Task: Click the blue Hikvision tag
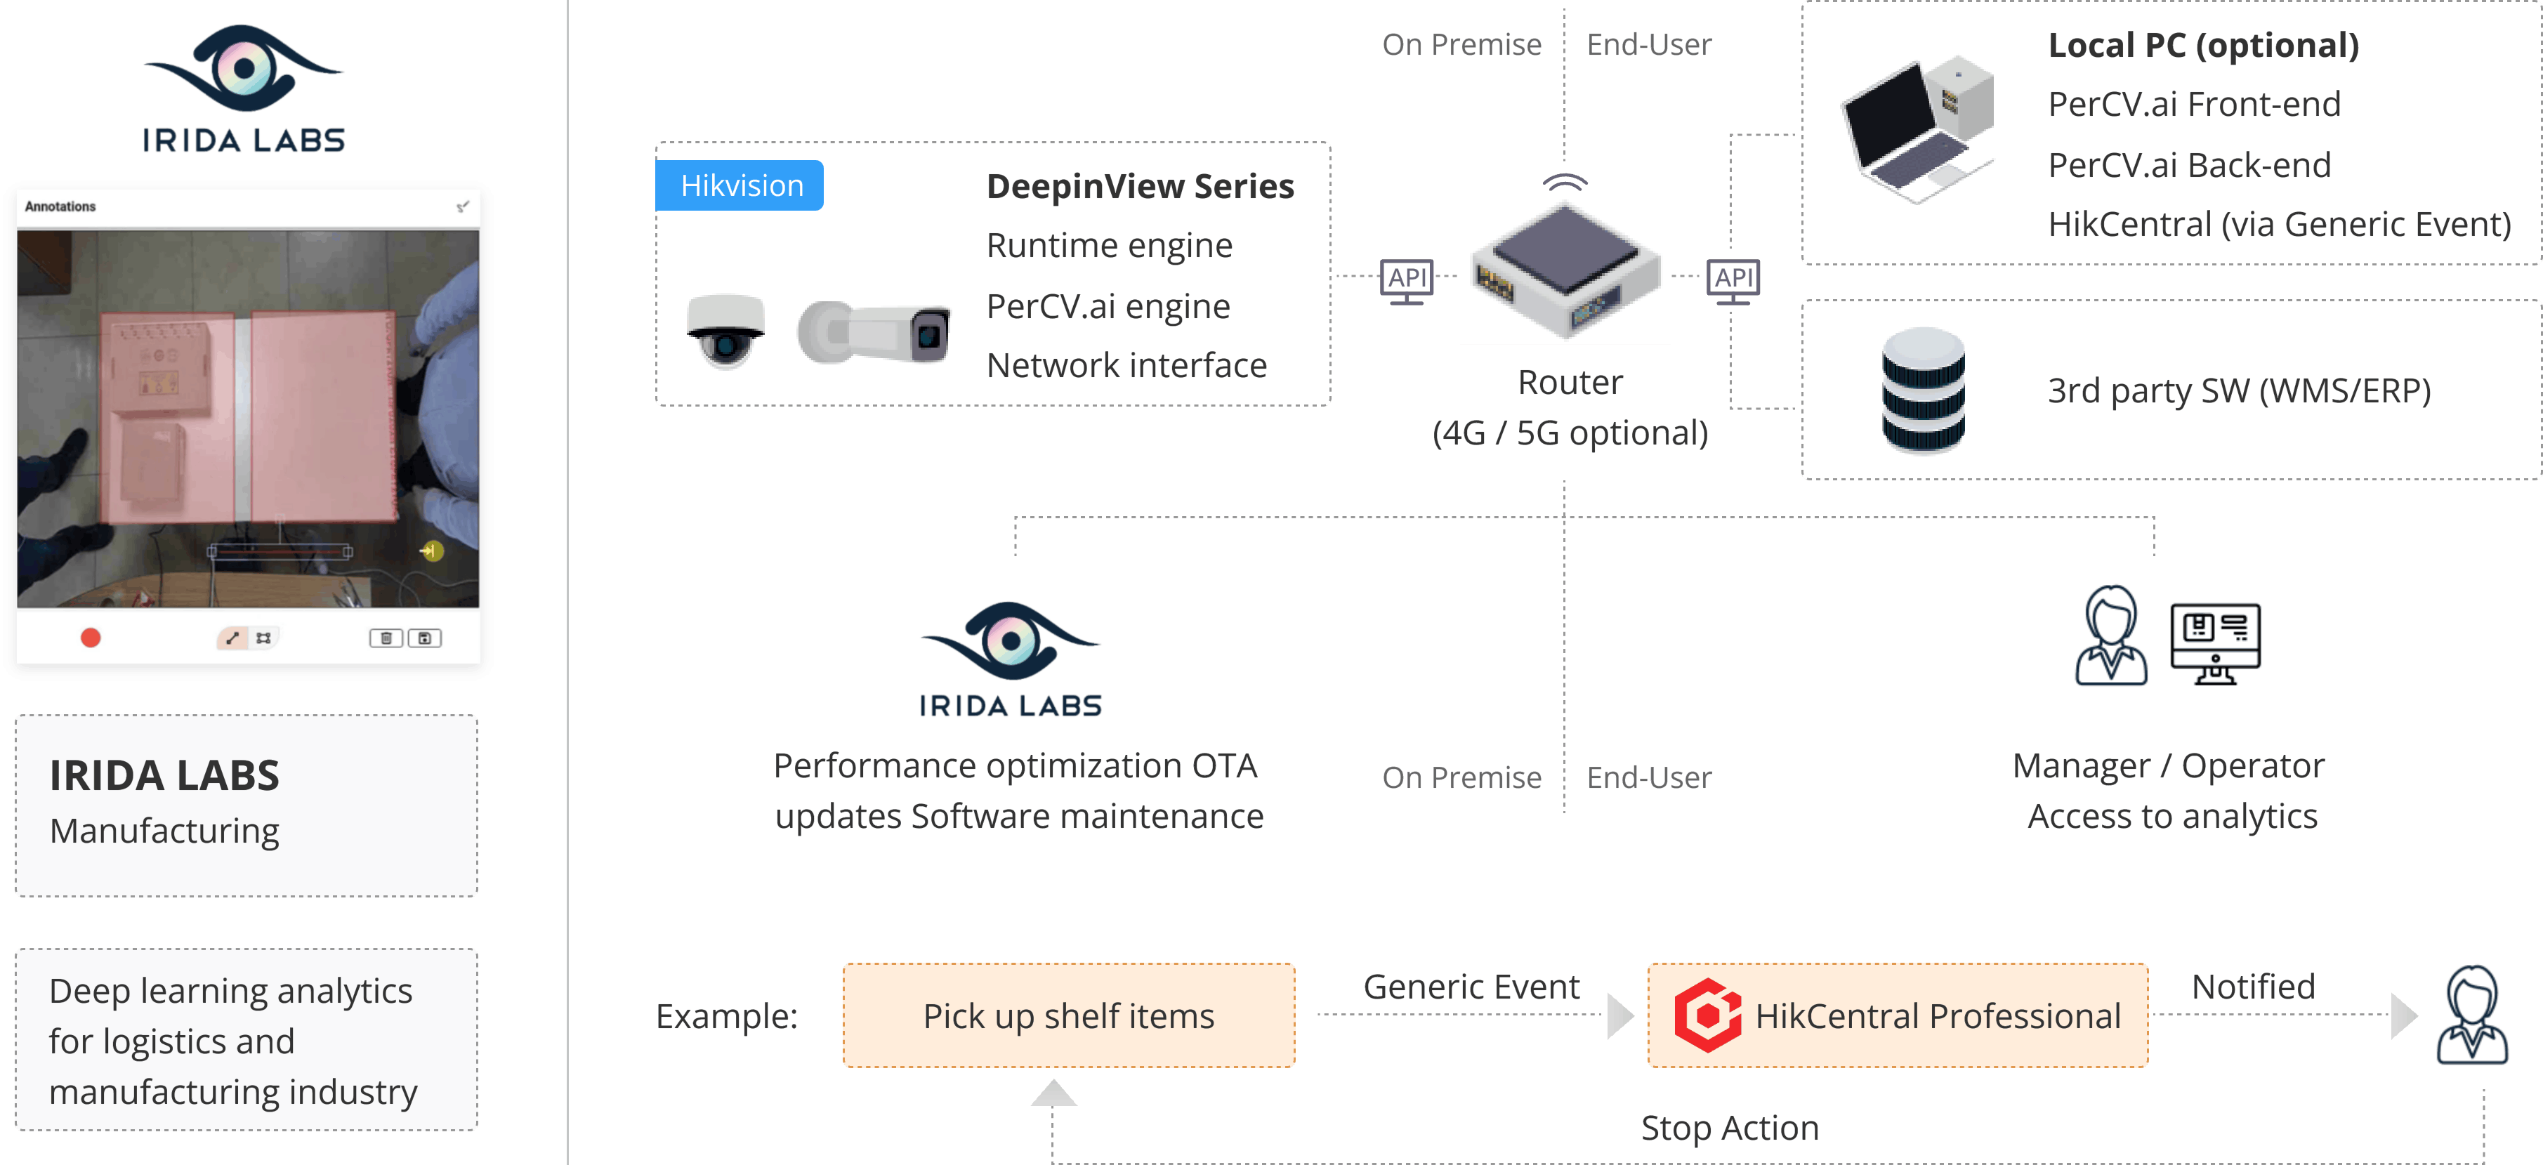pos(740,185)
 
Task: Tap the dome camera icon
pos(725,331)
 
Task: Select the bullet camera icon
pos(874,333)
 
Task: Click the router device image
pos(1565,268)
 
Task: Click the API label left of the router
pos(1407,277)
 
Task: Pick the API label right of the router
pos(1733,277)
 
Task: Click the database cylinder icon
pos(1923,390)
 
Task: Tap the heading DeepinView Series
pos(1139,187)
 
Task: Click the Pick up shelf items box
pos(1068,1016)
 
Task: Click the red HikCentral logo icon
pos(1707,1016)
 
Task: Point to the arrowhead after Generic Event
pos(1620,1016)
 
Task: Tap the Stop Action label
pos(1730,1128)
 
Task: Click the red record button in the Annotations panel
pos(91,638)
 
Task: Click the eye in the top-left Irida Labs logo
pos(244,67)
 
